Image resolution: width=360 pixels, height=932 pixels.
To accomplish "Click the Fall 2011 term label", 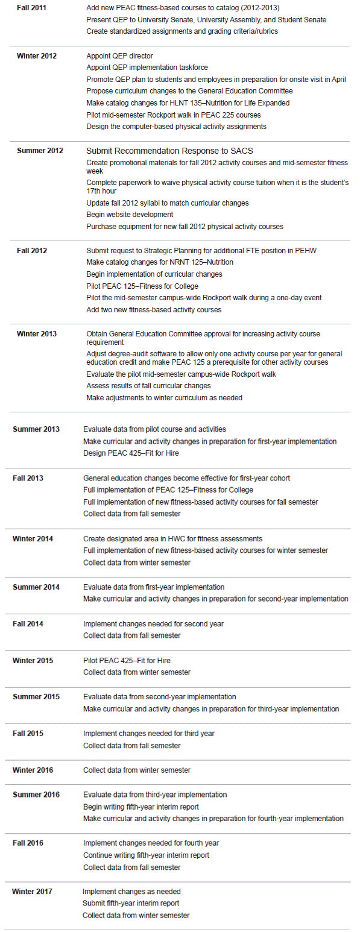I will tap(31, 8).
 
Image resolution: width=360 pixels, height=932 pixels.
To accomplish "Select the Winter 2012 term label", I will tap(36, 56).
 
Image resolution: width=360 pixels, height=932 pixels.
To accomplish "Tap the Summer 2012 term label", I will tap(40, 151).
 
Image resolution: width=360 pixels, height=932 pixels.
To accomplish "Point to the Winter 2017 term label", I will tap(32, 892).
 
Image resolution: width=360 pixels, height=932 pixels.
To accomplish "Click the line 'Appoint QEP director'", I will tap(119, 56).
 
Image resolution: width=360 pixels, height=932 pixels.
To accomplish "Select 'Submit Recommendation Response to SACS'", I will tap(174, 151).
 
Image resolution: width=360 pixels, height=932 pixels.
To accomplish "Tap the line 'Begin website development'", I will tap(130, 215).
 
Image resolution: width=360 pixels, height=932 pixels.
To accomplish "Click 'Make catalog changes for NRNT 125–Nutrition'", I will tap(160, 262).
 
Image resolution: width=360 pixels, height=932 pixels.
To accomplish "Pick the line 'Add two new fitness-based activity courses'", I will tap(154, 310).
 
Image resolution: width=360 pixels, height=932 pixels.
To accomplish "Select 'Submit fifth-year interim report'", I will tap(131, 903).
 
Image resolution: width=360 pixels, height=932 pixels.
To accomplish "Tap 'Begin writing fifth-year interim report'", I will tap(141, 807).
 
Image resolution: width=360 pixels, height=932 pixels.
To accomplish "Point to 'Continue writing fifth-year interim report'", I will tap(147, 855).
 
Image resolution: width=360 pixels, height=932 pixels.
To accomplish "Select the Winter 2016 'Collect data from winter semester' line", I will tap(137, 770).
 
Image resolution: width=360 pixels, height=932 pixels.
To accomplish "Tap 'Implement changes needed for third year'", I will tap(149, 734).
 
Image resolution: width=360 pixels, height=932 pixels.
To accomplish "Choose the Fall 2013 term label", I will tap(28, 478).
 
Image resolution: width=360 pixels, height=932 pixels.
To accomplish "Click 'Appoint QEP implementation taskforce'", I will tap(147, 68).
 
